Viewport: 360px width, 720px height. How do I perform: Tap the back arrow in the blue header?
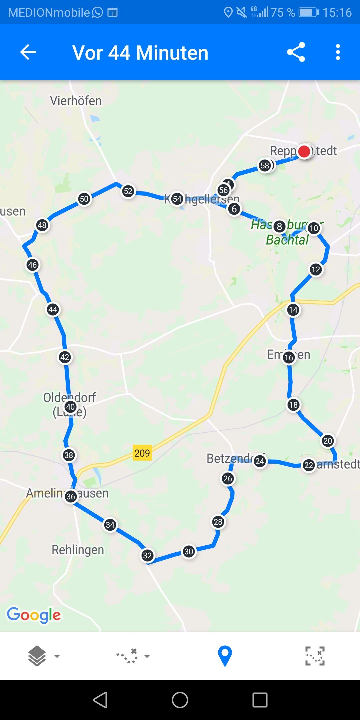tap(28, 52)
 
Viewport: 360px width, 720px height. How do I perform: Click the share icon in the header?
tap(296, 52)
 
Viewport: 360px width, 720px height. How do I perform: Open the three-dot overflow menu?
tap(338, 52)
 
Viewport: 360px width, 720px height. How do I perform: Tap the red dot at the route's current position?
tap(304, 151)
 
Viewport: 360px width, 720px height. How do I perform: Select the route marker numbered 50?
tap(84, 199)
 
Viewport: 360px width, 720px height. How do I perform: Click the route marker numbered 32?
tap(147, 555)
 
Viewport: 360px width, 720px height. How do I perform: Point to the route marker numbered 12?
tap(316, 269)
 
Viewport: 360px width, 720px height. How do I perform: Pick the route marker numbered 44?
tap(53, 310)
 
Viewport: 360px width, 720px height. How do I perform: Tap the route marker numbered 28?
tap(218, 522)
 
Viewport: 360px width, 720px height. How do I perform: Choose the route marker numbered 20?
tap(328, 441)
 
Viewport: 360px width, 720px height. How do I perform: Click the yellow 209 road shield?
tap(142, 453)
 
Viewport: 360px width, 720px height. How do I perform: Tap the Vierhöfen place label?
tap(76, 101)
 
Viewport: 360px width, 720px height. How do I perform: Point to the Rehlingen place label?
tap(78, 550)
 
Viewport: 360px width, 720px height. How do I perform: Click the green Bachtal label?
tap(287, 240)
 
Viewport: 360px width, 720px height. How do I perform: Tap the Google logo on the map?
tap(34, 615)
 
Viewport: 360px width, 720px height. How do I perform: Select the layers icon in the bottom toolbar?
tap(37, 656)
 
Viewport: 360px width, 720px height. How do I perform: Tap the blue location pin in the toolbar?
tap(225, 656)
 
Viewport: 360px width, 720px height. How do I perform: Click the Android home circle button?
tap(180, 700)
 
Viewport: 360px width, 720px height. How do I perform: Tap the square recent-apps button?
tap(260, 700)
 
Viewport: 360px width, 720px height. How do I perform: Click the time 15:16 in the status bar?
tap(337, 13)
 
